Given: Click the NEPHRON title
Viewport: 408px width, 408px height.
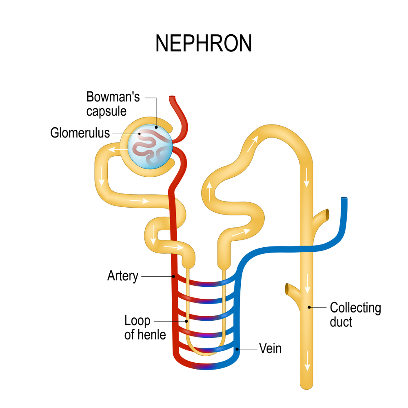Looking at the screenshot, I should (204, 43).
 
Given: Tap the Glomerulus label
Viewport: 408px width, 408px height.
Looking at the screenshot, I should (80, 133).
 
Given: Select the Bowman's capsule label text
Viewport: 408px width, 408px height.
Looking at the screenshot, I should (113, 104).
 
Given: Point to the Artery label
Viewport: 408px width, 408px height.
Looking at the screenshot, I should (122, 276).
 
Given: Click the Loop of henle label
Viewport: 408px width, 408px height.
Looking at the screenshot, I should (145, 328).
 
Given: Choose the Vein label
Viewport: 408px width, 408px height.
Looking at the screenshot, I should (270, 349).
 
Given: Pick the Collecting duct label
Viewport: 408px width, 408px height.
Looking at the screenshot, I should (355, 314).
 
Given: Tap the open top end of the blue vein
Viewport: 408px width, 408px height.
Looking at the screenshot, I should (344, 200).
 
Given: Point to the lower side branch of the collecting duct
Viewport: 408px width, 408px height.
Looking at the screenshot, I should (290, 289).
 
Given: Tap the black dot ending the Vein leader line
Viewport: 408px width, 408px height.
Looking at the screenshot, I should (237, 349).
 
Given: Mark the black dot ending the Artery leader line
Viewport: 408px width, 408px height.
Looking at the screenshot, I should (174, 276).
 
